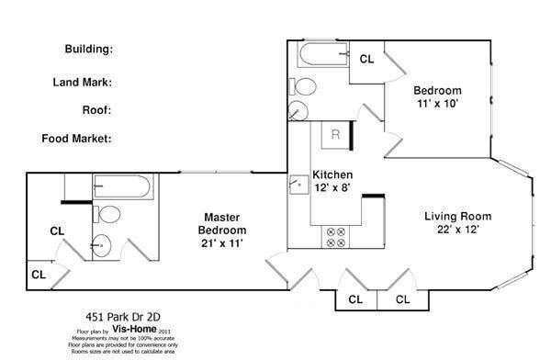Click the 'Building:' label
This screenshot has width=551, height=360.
(x=88, y=49)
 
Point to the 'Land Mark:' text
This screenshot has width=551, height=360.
(x=83, y=82)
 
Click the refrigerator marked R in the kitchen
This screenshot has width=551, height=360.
(x=336, y=134)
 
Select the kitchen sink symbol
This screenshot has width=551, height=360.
(x=299, y=185)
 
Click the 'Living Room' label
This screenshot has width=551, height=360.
(x=457, y=217)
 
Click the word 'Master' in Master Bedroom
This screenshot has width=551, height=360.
(x=223, y=217)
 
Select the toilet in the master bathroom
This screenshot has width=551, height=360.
(x=109, y=216)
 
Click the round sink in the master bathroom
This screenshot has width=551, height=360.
(x=101, y=245)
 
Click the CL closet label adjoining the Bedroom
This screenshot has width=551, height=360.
(x=366, y=59)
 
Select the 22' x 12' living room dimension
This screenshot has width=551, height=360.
(x=457, y=230)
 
